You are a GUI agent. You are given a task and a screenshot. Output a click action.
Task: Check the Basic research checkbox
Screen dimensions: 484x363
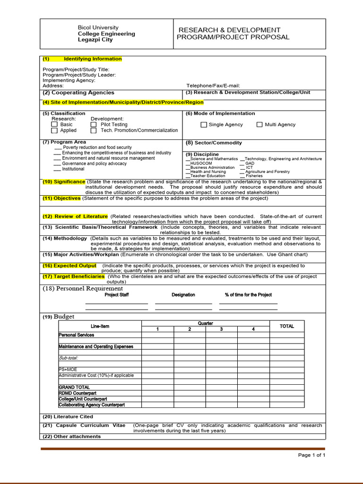[54, 125]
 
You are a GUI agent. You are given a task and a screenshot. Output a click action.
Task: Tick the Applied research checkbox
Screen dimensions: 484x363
[54, 131]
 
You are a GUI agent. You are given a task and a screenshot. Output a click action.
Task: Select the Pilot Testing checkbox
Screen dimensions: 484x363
[94, 125]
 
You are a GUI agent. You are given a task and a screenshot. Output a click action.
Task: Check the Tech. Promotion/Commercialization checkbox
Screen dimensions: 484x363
[94, 131]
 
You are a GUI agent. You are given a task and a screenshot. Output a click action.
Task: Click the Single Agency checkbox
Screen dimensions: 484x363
[204, 125]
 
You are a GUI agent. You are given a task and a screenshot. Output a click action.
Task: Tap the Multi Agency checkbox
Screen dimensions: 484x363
[259, 125]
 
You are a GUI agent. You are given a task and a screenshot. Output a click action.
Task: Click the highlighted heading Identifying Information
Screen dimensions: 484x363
[92, 59]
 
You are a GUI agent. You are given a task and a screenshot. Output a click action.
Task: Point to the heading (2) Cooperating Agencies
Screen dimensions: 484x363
[78, 93]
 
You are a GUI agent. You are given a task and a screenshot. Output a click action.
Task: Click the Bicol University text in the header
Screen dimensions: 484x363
[98, 27]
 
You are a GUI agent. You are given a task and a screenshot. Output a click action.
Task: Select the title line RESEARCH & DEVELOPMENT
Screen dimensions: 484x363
[229, 30]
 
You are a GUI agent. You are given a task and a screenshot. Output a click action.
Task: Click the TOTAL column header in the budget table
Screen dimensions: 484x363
[286, 326]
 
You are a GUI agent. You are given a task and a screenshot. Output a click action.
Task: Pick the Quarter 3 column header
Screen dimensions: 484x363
[221, 329]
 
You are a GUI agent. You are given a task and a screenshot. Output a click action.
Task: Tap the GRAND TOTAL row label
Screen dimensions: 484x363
[74, 387]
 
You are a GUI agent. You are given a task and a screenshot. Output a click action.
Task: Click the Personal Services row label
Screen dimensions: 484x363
[76, 335]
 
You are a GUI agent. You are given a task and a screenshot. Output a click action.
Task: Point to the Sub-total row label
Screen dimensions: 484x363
[69, 358]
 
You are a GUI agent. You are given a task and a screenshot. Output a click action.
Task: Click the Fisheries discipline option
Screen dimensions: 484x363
[254, 176]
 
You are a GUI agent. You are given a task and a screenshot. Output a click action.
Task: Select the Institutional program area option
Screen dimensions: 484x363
[73, 169]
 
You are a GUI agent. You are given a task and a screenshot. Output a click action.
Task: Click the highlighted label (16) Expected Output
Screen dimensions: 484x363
[69, 266]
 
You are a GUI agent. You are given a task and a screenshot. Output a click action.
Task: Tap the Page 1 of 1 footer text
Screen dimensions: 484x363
[311, 455]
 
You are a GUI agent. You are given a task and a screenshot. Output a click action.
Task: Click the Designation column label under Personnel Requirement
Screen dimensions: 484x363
[183, 295]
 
